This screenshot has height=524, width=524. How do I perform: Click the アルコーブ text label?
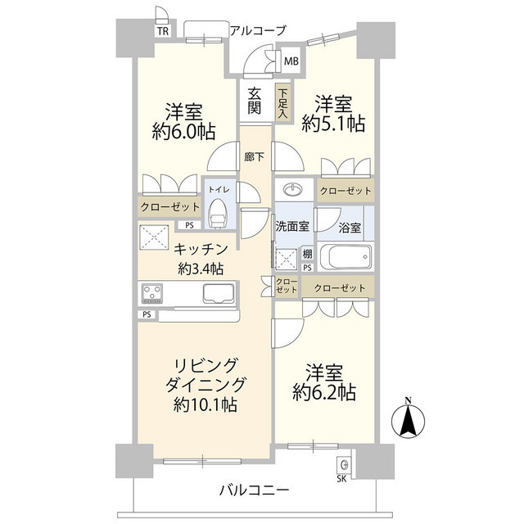(257, 30)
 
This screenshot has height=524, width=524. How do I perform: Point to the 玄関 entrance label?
(254, 101)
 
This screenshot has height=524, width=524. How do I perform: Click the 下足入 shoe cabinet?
(282, 104)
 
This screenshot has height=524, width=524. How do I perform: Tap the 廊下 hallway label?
(254, 156)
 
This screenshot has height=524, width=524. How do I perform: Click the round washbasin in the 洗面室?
(292, 189)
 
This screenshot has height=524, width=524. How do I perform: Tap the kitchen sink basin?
(217, 293)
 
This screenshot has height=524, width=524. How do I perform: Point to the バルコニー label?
(254, 490)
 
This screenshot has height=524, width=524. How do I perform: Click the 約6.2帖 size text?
(325, 394)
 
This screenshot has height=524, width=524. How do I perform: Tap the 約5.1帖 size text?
(332, 124)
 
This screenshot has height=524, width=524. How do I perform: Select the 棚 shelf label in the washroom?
(306, 254)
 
